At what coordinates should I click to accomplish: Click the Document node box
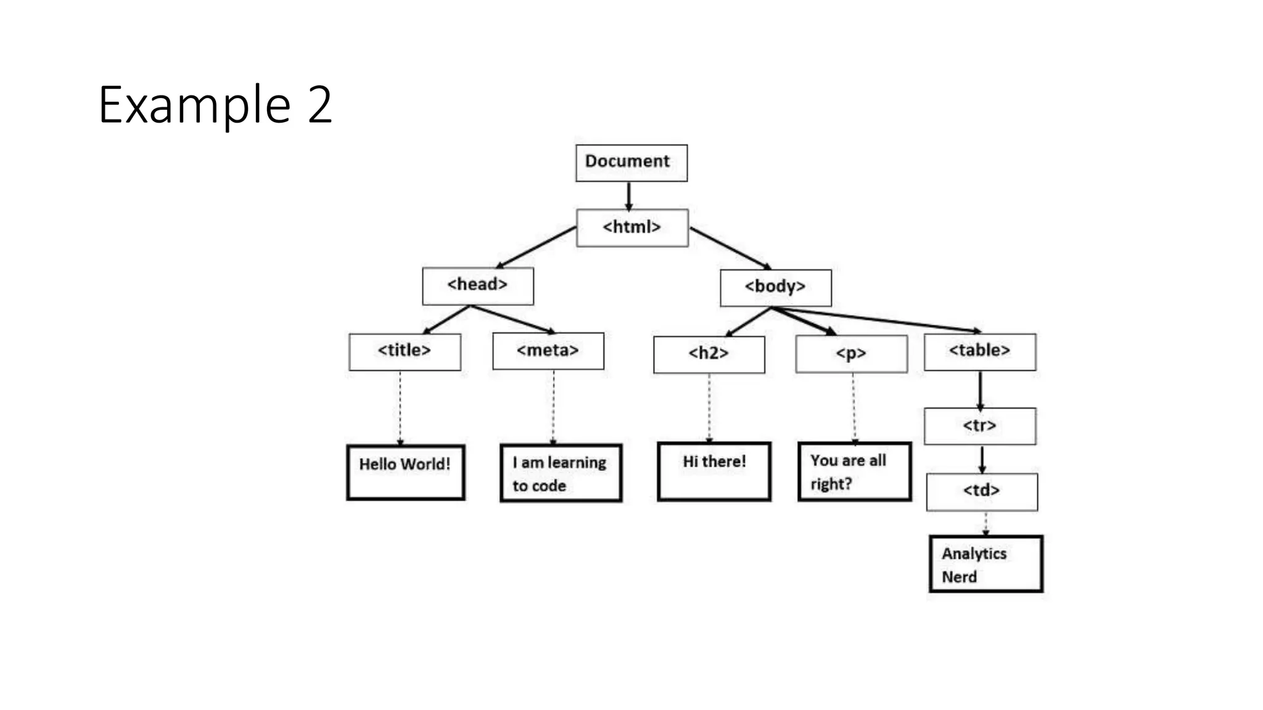(631, 163)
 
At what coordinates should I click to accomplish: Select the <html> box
(632, 227)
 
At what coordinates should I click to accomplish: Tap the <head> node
(477, 285)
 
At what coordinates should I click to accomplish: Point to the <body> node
(775, 287)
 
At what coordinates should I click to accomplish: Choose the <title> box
(405, 351)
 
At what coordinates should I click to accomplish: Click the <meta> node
(548, 351)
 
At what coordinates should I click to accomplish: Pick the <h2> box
(709, 354)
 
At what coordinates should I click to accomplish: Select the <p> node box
(851, 354)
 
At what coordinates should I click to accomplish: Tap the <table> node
(979, 351)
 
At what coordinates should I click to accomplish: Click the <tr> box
(979, 426)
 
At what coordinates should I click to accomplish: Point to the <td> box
(981, 491)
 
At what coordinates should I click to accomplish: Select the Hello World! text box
(405, 472)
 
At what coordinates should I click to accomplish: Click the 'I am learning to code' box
(560, 473)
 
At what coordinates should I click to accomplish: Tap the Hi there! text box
(714, 471)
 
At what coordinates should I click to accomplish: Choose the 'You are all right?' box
(854, 471)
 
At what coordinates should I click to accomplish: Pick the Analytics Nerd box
(985, 564)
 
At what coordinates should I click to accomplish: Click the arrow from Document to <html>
(628, 195)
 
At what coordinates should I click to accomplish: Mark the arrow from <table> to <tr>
(980, 389)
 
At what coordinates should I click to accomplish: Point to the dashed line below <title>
(400, 407)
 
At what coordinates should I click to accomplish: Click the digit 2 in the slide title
(319, 105)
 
